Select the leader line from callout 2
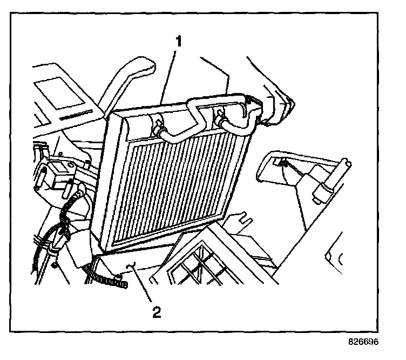pyautogui.click(x=143, y=286)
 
